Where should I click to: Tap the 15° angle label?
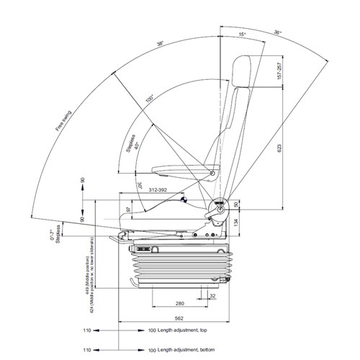243,33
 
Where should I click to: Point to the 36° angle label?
277,31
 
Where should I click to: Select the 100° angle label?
149,99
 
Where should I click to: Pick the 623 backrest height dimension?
279,148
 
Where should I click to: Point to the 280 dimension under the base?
179,303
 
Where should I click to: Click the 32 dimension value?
212,295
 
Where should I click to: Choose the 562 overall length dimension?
179,318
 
